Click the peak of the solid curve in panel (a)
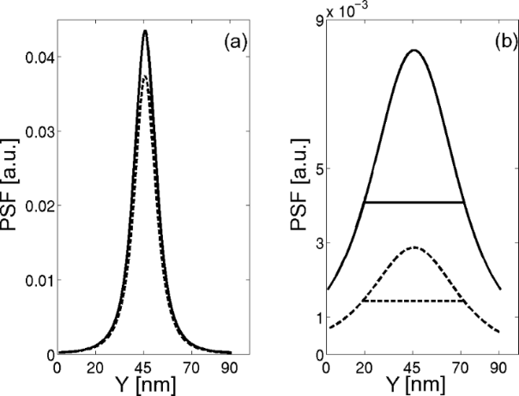(145, 31)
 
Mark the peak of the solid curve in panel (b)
(413, 50)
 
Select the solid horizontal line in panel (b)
(413, 202)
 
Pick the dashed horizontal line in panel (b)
(413, 301)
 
